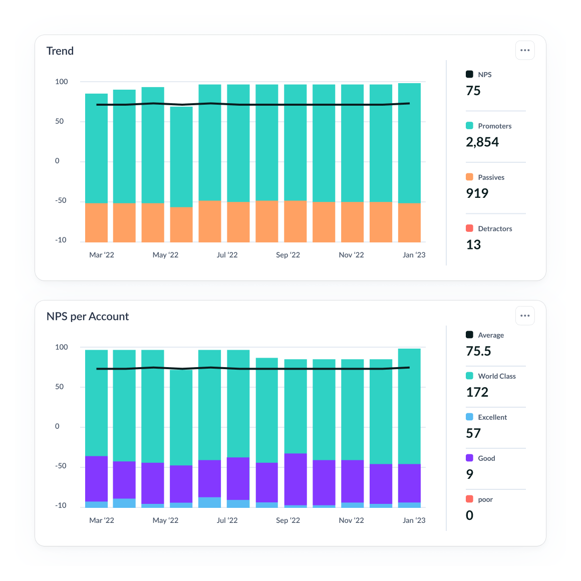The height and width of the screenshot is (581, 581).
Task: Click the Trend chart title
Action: (60, 51)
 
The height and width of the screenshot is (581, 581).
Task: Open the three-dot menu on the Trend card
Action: (525, 51)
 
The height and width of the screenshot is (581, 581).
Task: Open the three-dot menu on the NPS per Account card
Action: (525, 316)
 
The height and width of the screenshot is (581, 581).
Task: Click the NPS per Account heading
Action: (88, 317)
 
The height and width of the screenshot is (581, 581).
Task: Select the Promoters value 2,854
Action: (482, 142)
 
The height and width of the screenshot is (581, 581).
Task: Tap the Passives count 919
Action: (477, 193)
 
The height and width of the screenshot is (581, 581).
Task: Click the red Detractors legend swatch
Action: (469, 228)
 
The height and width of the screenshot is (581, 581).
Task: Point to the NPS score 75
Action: (473, 91)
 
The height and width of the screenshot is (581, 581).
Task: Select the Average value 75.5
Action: (478, 351)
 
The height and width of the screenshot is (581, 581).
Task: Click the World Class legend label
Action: (496, 376)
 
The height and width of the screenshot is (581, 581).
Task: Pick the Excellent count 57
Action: (473, 433)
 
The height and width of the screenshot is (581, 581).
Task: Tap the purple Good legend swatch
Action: (469, 458)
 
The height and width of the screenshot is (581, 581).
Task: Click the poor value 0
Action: (469, 515)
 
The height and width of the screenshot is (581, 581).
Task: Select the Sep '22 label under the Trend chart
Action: (288, 255)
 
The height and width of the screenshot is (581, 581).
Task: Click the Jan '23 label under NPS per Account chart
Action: (414, 520)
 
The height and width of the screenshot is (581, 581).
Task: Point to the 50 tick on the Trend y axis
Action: (59, 121)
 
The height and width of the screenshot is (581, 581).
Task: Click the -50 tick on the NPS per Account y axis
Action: (60, 466)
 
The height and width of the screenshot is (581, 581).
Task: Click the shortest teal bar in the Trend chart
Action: (181, 157)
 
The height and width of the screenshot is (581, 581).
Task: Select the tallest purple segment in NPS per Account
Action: (296, 479)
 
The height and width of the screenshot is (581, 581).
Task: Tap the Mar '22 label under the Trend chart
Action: (102, 255)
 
